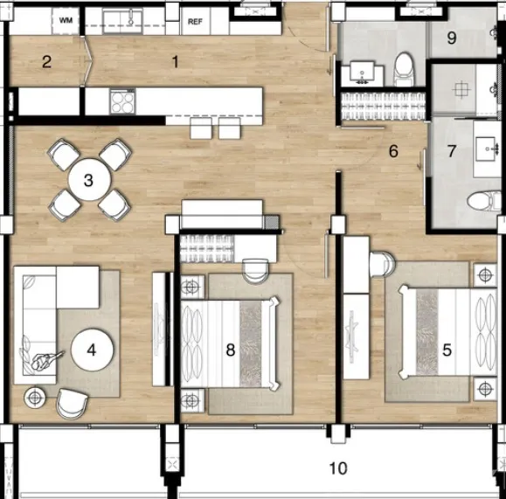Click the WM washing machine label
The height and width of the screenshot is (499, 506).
[x=66, y=20]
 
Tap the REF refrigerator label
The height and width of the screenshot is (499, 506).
[x=195, y=22]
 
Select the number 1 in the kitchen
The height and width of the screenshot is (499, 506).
[x=176, y=61]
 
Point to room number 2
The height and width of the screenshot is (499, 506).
[x=47, y=62]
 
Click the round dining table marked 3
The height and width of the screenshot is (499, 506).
[x=89, y=179]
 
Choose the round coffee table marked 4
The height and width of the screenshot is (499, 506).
[x=92, y=350]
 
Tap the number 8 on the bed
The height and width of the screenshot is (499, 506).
[x=231, y=350]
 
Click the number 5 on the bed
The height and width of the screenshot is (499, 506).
[x=447, y=350]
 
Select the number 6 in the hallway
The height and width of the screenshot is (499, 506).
[x=393, y=151]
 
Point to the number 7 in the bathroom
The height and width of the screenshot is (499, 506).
[x=452, y=150]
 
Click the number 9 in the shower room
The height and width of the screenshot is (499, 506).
[x=452, y=38]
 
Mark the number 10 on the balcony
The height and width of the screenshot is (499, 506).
[x=338, y=468]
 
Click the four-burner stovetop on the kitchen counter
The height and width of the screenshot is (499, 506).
[x=122, y=102]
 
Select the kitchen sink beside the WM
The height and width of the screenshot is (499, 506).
[x=122, y=21]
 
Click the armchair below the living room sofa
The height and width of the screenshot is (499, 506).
[x=72, y=404]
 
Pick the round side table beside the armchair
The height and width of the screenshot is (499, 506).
[x=35, y=398]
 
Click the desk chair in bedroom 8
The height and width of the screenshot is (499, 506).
[x=255, y=271]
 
